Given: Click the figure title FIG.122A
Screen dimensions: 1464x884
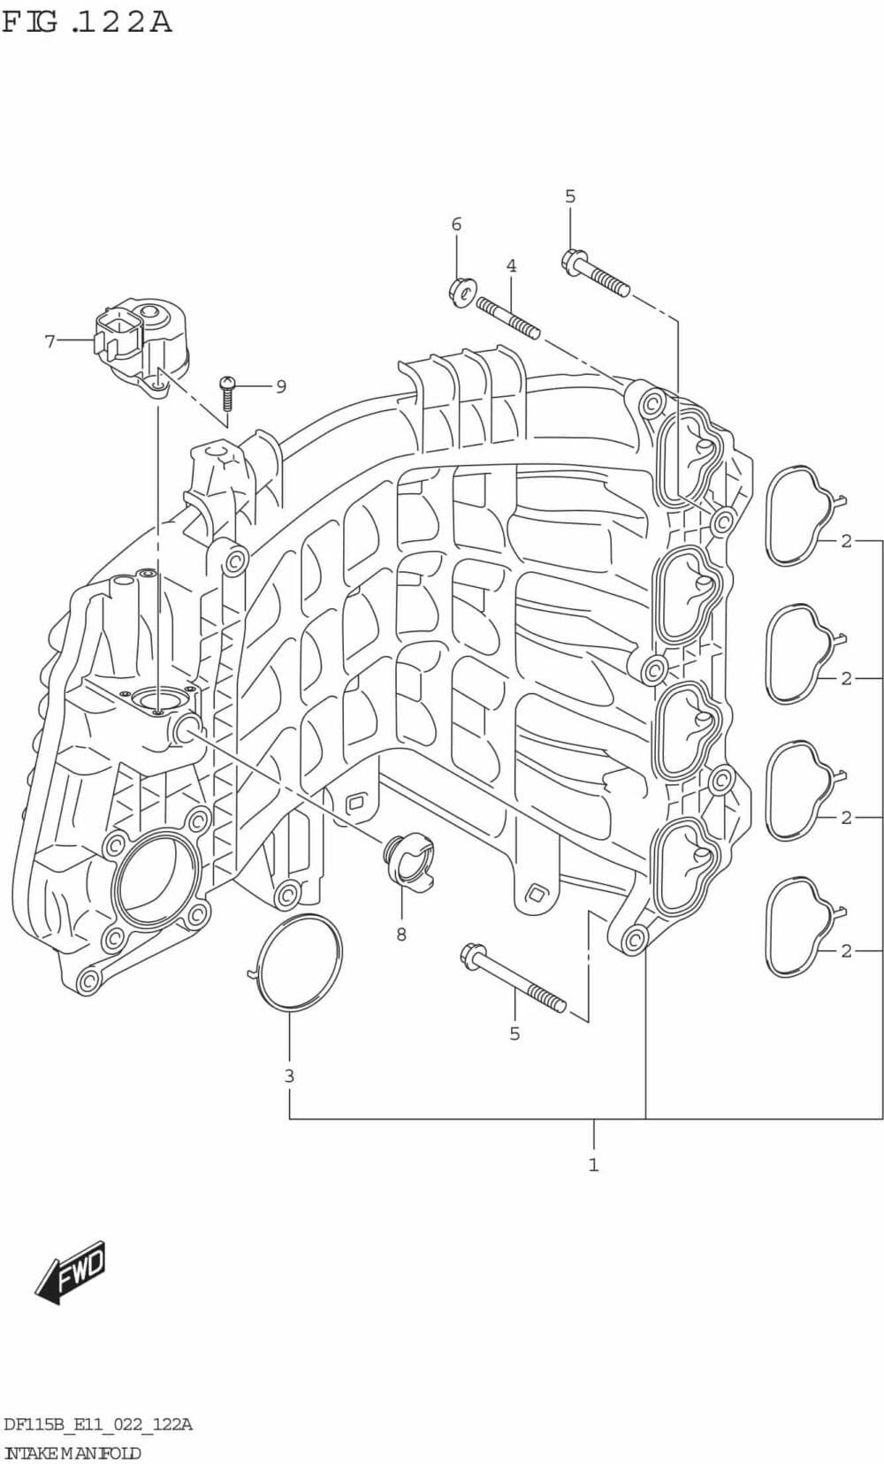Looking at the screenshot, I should click(x=87, y=20).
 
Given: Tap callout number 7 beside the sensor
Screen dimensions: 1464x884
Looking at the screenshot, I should click(x=50, y=340).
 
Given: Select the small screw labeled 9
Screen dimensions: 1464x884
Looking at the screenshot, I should click(x=227, y=393).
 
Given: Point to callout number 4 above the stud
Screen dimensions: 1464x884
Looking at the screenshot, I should click(x=511, y=265).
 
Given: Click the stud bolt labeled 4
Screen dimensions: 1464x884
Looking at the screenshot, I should click(x=508, y=318).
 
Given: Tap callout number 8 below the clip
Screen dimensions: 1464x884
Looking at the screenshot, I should click(x=401, y=934).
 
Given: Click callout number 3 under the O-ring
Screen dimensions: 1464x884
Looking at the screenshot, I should click(x=289, y=1076).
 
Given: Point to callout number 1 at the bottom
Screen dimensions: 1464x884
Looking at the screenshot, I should click(x=593, y=1164).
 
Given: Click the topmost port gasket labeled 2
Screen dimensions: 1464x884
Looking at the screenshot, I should click(x=798, y=515).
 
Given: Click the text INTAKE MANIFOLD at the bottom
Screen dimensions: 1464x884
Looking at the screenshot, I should click(x=72, y=1453).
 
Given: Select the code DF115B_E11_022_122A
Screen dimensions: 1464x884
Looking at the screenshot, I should click(x=98, y=1424).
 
